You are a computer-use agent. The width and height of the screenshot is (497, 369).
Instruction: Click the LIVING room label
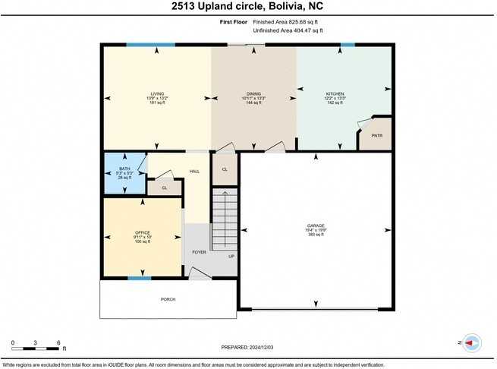tap(157, 94)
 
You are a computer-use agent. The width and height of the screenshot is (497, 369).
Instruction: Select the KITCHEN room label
tap(335, 94)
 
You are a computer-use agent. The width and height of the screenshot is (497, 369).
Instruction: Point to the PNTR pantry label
tap(377, 136)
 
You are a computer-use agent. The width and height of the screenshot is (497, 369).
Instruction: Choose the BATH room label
tap(124, 169)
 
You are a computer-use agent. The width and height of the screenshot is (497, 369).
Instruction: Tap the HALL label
tap(194, 172)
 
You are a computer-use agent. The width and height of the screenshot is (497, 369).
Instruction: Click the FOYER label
tap(199, 252)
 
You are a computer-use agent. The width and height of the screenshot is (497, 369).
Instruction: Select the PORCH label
tap(168, 299)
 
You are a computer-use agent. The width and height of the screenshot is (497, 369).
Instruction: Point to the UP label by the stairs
tap(231, 256)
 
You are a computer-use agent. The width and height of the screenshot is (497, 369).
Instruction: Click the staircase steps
tap(224, 220)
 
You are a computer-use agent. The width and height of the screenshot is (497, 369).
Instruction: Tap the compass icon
tap(471, 343)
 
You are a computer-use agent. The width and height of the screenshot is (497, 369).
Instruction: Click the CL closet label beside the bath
tap(164, 187)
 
